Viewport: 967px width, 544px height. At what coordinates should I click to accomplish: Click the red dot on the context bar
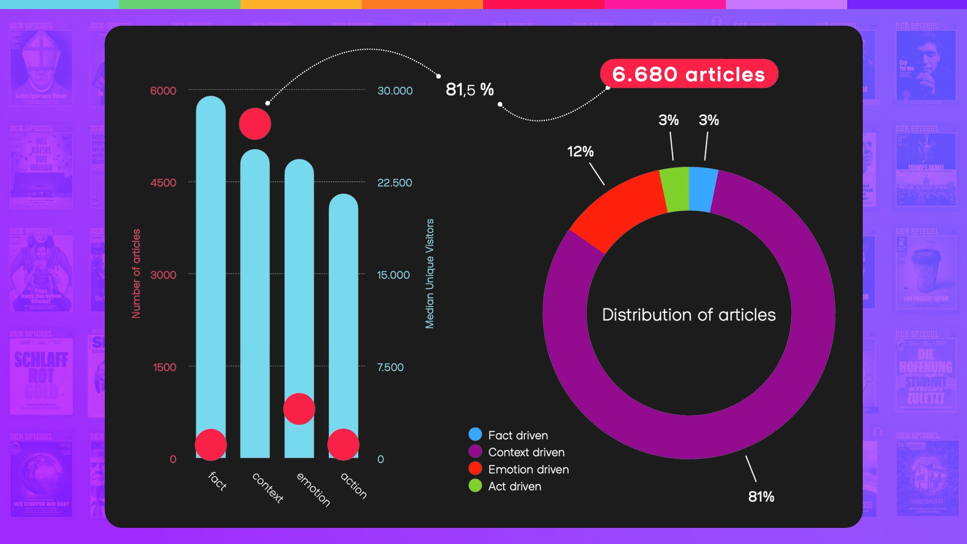[255, 124]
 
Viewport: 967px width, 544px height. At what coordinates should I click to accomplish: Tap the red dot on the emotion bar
[299, 409]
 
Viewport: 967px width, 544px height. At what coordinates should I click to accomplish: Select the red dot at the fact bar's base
[211, 445]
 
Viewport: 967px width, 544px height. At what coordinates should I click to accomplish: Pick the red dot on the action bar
[343, 445]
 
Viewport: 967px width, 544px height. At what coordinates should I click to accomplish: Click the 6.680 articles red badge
[688, 74]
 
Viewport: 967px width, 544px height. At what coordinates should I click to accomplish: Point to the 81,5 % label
[469, 90]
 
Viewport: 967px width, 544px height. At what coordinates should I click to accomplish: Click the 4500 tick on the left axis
[163, 183]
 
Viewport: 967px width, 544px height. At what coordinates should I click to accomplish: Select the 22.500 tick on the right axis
[394, 183]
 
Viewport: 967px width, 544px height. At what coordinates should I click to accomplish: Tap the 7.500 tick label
[390, 367]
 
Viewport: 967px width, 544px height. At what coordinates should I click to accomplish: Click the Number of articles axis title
[136, 274]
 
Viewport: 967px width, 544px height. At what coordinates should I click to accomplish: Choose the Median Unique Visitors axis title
[430, 274]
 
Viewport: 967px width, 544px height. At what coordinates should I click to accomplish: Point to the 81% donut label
[761, 497]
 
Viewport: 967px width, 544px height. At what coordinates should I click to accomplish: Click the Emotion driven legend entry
[528, 469]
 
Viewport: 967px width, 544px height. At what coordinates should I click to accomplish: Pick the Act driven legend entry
[514, 487]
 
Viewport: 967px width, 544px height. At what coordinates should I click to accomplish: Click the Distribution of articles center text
[688, 315]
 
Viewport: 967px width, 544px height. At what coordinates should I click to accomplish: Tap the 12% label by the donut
[580, 152]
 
